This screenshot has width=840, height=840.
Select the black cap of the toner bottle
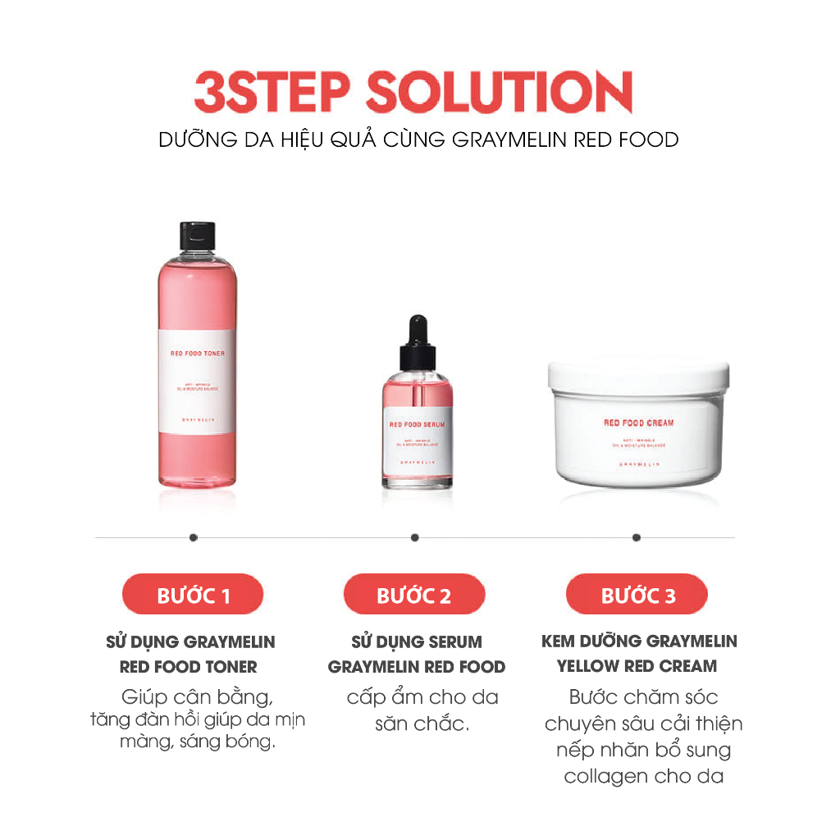click(197, 235)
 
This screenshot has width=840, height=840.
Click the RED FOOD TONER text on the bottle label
click(196, 354)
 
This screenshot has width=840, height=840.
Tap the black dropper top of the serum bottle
click(417, 345)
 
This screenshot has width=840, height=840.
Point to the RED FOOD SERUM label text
click(416, 424)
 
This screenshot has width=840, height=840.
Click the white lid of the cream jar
click(637, 375)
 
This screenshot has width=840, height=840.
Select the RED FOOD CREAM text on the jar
click(638, 423)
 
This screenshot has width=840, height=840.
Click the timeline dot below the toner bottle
click(194, 537)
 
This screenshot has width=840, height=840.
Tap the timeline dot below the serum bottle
click(415, 537)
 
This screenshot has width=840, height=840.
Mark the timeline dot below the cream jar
click(637, 537)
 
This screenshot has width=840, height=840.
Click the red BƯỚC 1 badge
click(193, 595)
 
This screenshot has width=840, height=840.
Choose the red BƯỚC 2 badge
click(414, 595)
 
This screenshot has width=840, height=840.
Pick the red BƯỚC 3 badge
click(637, 595)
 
